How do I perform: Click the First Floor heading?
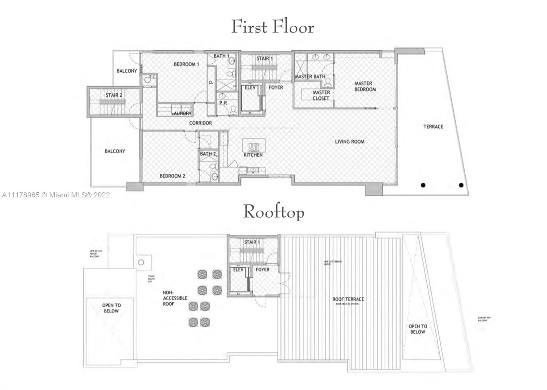(x=272, y=27)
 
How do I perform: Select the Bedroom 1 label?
(x=186, y=64)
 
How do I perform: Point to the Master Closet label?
(x=321, y=95)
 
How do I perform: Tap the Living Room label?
(x=349, y=141)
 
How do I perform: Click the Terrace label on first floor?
(x=433, y=127)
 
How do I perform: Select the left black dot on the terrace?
(x=423, y=185)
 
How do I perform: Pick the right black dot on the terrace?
(x=461, y=185)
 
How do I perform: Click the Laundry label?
(x=181, y=113)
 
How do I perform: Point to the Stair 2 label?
(x=114, y=95)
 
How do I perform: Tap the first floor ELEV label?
(x=250, y=88)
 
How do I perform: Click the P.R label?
(x=223, y=103)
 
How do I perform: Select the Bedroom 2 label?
(x=172, y=176)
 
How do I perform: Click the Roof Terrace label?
(x=348, y=299)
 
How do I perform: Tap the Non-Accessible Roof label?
(x=175, y=298)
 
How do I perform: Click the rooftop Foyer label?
(x=263, y=270)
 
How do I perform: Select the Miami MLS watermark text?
(x=56, y=195)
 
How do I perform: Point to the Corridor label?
(x=200, y=123)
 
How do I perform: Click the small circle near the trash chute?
(x=141, y=262)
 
